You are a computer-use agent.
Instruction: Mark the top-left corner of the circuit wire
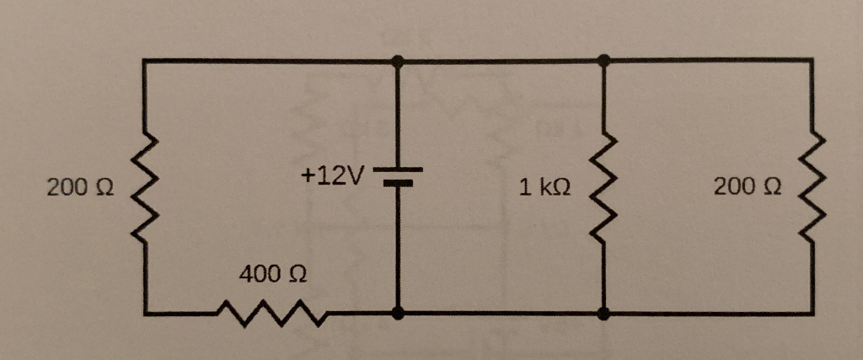pos(145,61)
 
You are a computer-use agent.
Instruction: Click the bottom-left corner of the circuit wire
pos(145,314)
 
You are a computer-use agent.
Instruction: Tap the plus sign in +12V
pos(306,177)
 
